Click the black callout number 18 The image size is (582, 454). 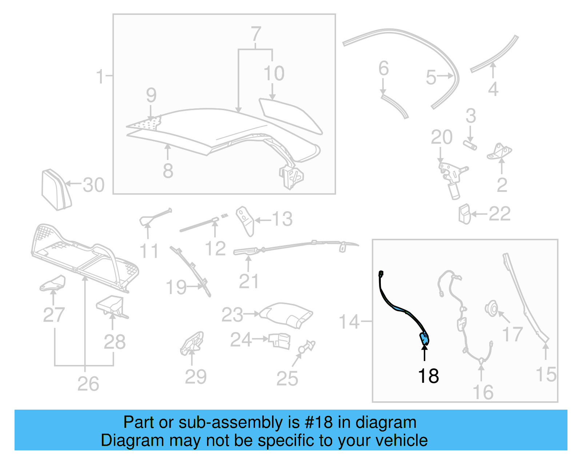428,376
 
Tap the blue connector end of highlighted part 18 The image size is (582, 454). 424,339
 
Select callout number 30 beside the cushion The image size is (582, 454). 93,185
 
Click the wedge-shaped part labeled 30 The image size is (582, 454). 56,189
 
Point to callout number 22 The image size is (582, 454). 499,214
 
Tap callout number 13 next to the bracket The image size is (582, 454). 282,219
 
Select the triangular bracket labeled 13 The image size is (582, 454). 246,220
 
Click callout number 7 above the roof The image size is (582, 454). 256,34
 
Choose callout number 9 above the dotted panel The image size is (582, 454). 151,95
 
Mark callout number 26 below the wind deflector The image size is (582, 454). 88,384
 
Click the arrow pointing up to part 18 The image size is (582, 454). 424,353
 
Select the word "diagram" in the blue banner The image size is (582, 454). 386,422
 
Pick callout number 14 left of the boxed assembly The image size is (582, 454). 349,322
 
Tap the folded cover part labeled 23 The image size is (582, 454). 287,314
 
